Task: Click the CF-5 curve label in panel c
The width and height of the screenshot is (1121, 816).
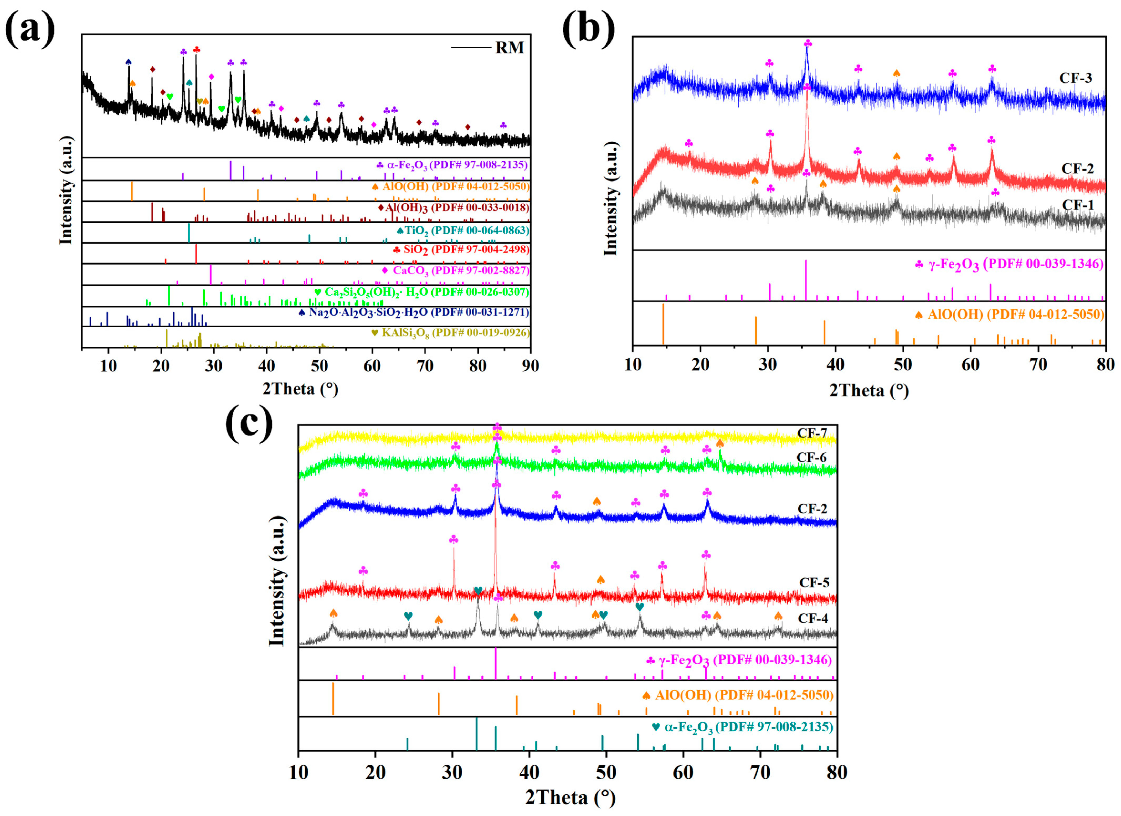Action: [x=814, y=583]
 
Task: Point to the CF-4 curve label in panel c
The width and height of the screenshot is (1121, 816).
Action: [x=813, y=618]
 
